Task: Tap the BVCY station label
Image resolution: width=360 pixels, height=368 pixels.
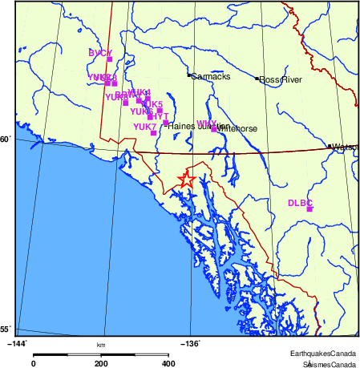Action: pos(100,53)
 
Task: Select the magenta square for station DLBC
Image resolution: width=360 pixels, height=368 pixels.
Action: pos(309,209)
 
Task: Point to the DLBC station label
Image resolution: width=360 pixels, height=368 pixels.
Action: pos(300,203)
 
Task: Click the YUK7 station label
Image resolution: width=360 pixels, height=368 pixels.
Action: pos(145,127)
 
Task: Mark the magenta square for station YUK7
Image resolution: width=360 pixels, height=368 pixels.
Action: pos(153,132)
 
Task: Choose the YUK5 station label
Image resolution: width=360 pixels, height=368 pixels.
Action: pos(152,104)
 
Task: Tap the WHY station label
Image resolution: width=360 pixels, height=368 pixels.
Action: pos(207,123)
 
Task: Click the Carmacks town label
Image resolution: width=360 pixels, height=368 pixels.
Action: pos(212,76)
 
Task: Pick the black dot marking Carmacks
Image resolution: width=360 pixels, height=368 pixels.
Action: pos(189,75)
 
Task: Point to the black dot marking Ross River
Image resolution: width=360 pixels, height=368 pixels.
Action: pos(257,79)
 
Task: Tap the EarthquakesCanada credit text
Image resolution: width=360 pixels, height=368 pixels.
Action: pos(324,354)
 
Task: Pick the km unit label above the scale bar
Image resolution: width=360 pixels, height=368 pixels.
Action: pos(101,345)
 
